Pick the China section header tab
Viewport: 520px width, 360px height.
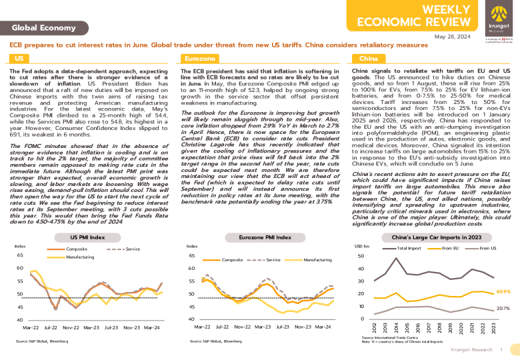(x=368, y=59)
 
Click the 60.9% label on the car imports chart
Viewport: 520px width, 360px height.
(x=503, y=291)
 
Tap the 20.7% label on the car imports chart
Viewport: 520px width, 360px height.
(x=503, y=309)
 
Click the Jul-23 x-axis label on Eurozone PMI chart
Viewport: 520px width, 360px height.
(x=283, y=327)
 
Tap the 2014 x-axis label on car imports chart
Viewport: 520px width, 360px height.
(x=396, y=328)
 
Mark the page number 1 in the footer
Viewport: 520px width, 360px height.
(x=501, y=349)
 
